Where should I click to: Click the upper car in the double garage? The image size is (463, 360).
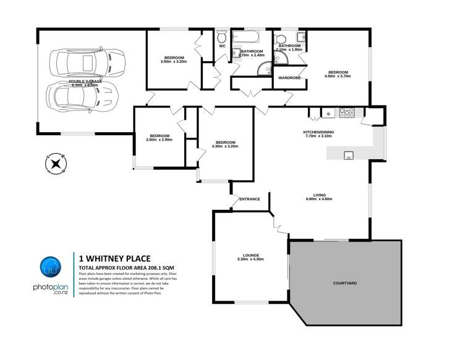80,62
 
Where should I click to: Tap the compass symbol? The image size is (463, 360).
56,164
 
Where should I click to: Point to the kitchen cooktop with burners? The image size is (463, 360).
346,113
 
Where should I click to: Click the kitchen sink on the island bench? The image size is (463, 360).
349,154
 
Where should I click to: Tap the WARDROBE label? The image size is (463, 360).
289,78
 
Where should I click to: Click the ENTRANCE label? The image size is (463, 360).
250,199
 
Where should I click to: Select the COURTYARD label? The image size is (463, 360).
344,283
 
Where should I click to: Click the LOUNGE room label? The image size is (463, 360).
250,254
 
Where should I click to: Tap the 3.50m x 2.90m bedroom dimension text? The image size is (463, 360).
159,140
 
